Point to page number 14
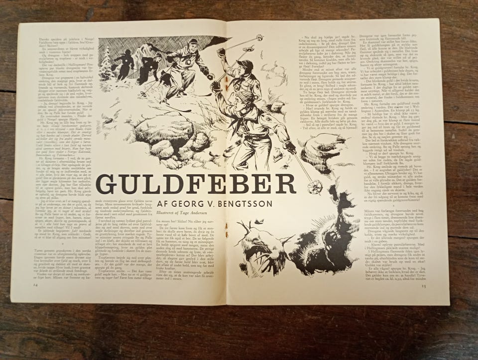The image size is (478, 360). point(36,285)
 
